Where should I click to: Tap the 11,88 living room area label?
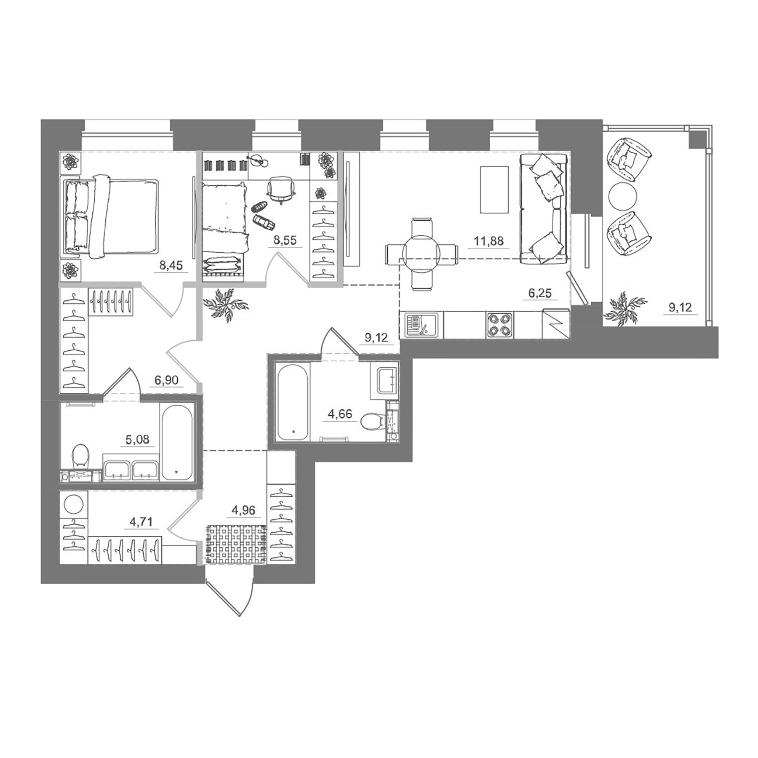tap(488, 241)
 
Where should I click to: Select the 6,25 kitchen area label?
tap(539, 293)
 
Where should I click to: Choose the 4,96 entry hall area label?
tap(243, 510)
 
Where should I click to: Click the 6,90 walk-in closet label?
tap(166, 380)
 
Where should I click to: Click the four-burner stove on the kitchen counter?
tap(499, 325)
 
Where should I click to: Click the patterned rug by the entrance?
tap(236, 544)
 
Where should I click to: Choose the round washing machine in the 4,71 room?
tap(74, 504)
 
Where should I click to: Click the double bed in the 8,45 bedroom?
tap(112, 216)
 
